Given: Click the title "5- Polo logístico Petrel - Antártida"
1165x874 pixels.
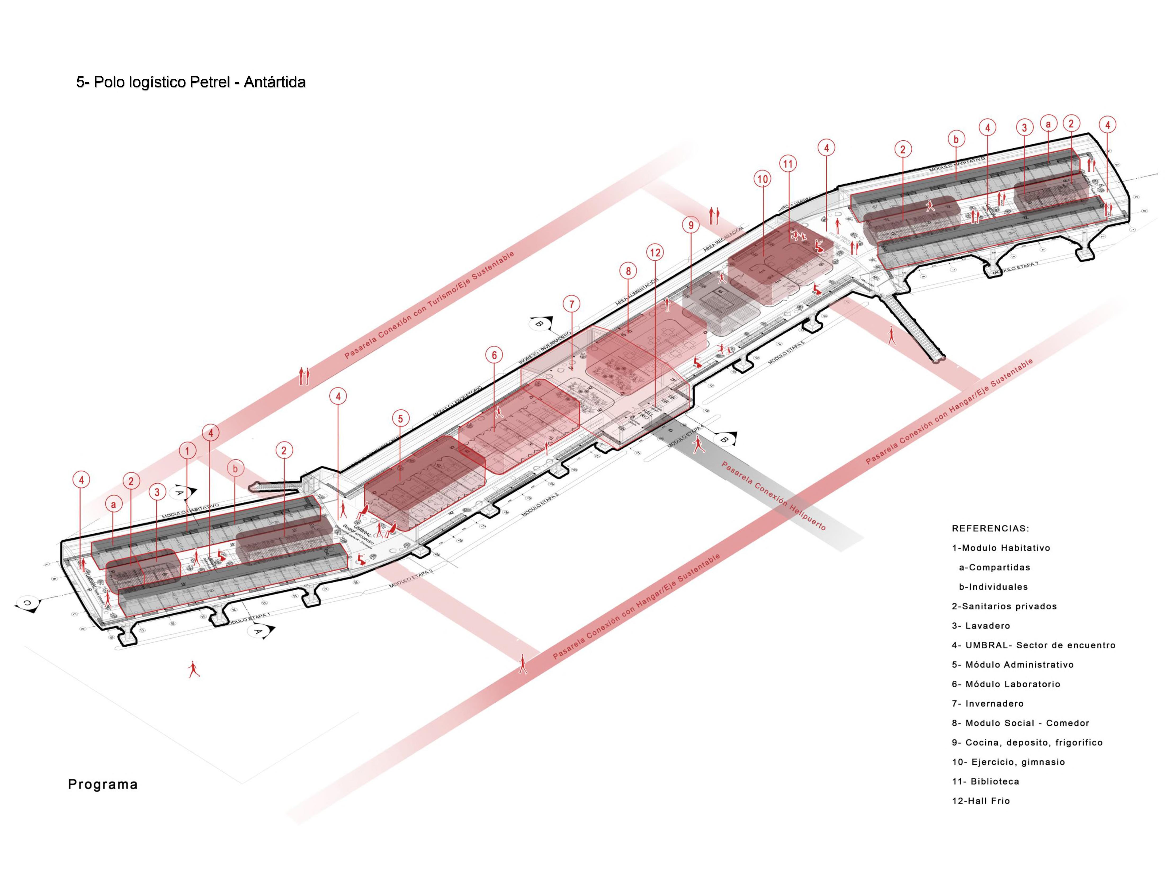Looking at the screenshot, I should pos(191,82).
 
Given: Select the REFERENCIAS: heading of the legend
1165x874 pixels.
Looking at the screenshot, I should pos(990,528).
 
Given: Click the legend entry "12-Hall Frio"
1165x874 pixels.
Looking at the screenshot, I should pos(981,801).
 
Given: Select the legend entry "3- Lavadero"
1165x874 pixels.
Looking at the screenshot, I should pos(981,626).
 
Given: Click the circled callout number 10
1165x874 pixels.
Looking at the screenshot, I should pos(763,179).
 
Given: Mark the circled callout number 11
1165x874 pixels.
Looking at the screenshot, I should pos(788,164).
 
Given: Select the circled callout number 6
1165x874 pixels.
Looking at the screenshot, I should pos(494,356).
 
